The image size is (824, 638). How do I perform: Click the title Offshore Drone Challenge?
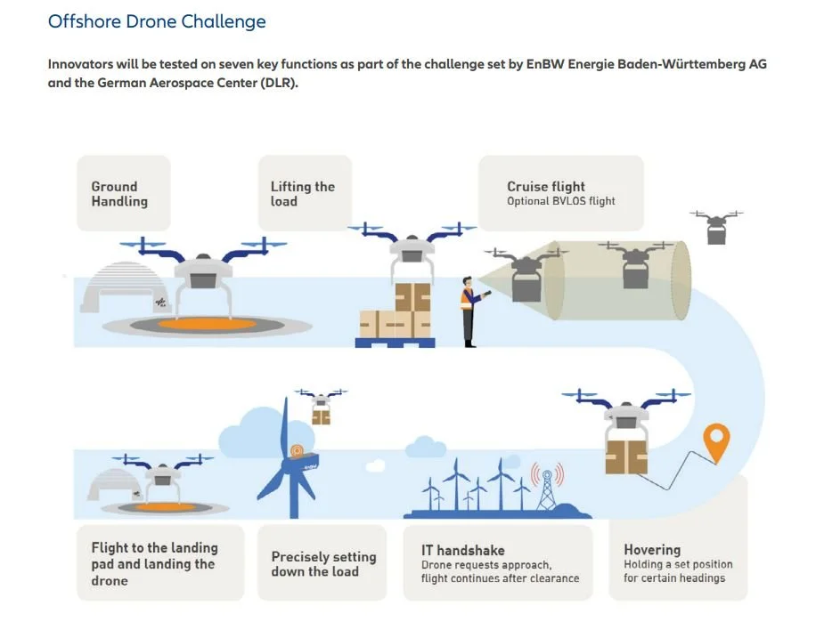tap(157, 21)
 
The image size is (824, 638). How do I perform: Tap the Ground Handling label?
tap(119, 194)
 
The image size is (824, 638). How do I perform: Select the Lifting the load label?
tap(303, 194)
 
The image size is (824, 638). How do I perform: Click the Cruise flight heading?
tap(546, 187)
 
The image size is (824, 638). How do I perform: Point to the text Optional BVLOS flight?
tap(561, 201)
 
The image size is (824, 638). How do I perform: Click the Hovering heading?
tap(652, 550)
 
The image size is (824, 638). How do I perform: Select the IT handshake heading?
tap(463, 550)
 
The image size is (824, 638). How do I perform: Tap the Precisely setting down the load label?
tap(323, 564)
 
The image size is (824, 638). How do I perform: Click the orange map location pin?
tap(715, 440)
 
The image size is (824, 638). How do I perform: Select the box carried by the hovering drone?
tap(627, 456)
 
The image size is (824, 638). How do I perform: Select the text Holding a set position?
tap(678, 564)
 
